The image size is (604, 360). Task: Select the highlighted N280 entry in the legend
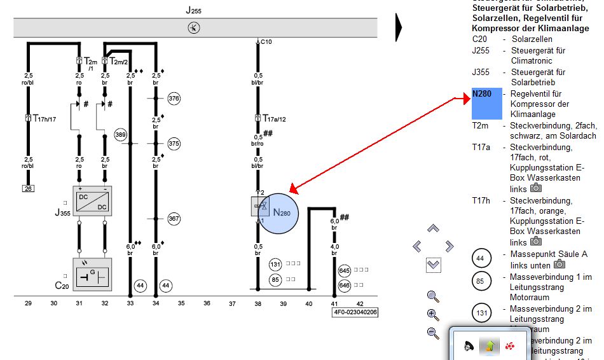486,104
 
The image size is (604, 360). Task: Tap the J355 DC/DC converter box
92,201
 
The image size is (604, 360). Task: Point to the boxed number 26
28,189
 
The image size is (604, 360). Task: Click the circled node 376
174,99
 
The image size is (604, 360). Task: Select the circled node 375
174,143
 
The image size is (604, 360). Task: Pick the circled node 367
174,218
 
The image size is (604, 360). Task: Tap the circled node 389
121,135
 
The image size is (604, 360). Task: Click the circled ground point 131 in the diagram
275,265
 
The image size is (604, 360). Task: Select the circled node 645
345,270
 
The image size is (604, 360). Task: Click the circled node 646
345,286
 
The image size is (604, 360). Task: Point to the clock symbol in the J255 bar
194,27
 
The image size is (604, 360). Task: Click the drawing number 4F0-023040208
355,312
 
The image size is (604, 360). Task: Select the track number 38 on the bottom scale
258,304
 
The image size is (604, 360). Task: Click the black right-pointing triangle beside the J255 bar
399,27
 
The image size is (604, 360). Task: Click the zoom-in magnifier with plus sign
433,314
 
